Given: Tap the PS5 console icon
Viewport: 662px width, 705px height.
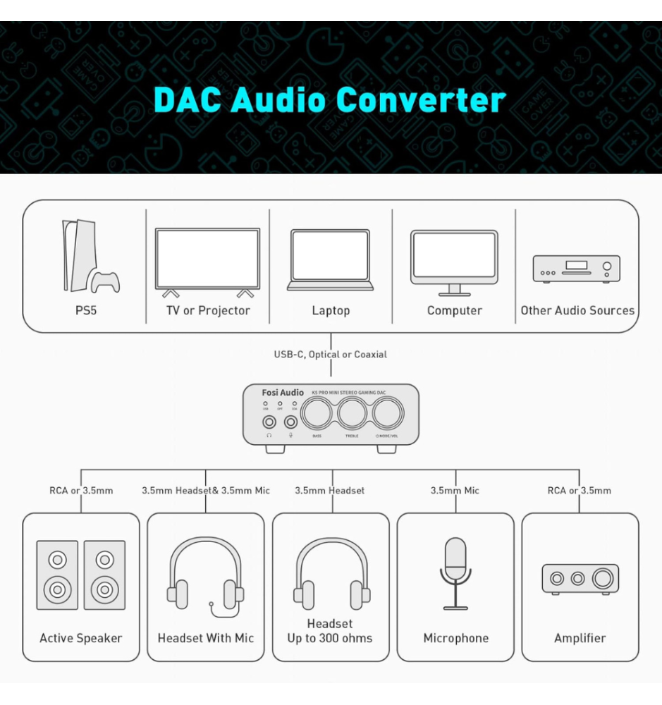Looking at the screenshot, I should [x=88, y=257].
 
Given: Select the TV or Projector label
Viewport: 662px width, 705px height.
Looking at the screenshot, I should [x=207, y=311].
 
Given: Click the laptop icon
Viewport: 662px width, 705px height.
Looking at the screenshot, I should [x=330, y=260].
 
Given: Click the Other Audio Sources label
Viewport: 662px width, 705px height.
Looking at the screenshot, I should [x=577, y=311].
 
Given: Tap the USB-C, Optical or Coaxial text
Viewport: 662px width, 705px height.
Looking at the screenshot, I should [x=330, y=355].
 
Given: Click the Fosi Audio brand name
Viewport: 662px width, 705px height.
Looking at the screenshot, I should [x=283, y=393].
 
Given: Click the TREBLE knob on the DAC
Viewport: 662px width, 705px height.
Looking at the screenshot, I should [x=353, y=414].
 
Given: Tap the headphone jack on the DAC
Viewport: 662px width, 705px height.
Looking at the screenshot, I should [x=269, y=422].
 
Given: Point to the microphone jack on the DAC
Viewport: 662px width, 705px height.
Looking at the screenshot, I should [x=290, y=422].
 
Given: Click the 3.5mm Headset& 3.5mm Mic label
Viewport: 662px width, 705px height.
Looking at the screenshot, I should [x=206, y=491].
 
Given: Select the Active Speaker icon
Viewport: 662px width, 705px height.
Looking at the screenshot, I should [x=80, y=575].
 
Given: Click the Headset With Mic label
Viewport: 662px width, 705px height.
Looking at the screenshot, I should [x=206, y=638].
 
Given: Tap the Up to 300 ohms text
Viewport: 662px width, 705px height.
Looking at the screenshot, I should [x=330, y=639].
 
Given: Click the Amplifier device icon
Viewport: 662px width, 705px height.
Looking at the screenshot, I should [x=580, y=579].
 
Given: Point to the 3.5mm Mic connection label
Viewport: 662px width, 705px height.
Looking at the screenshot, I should [x=455, y=491].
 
